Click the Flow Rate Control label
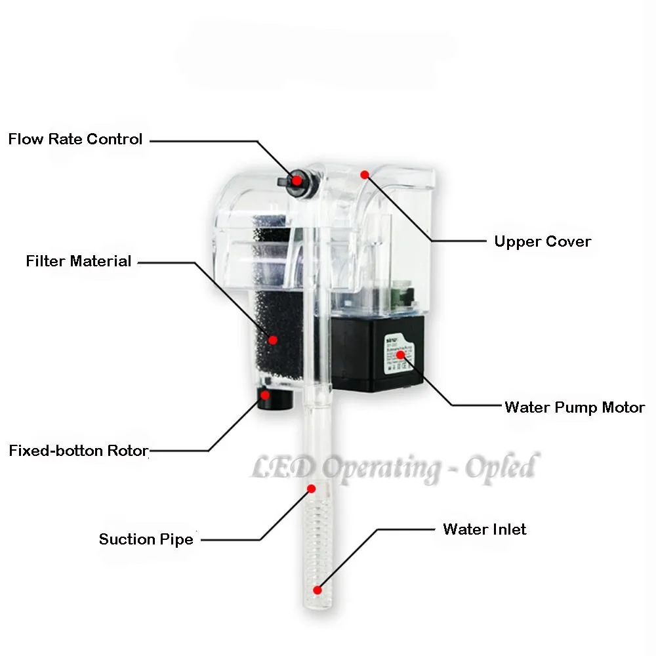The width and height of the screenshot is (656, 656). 75,139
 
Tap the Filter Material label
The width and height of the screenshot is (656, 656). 79,261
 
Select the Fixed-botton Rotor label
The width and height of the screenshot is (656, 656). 79,451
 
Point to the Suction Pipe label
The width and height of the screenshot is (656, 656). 146,539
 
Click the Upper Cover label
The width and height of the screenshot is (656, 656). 543,241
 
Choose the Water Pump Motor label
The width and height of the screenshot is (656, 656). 575,407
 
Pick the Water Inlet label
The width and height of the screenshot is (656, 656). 485,529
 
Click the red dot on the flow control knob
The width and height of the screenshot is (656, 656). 297,179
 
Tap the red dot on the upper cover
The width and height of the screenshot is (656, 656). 365,174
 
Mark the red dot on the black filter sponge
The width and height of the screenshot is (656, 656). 274,339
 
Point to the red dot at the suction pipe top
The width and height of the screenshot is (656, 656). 312,489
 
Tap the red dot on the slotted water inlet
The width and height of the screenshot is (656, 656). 318,588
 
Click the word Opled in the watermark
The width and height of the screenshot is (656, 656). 501,467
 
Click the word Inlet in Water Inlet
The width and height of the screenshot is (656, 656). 508,529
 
